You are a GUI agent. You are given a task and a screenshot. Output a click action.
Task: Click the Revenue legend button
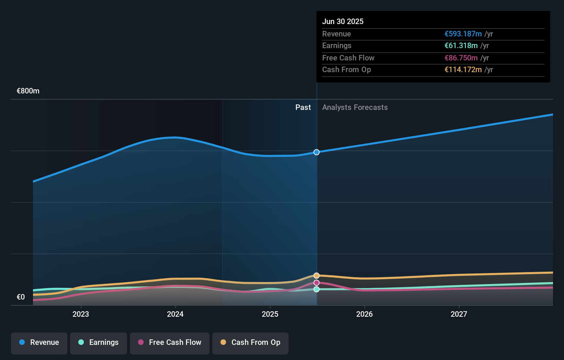[39, 342]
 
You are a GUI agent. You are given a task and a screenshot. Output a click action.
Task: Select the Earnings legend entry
[99, 342]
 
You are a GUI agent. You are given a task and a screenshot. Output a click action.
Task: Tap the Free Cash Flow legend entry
[170, 342]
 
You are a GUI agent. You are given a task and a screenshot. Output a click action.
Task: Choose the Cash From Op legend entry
[250, 342]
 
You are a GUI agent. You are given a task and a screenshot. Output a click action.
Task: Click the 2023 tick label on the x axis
[81, 314]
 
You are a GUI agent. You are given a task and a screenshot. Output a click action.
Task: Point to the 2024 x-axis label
[175, 314]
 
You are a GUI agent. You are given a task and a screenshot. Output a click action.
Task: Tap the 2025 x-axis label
[270, 314]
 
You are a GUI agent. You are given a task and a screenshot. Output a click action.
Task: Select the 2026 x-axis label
[364, 314]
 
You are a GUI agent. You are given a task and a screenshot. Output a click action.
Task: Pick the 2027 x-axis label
[459, 314]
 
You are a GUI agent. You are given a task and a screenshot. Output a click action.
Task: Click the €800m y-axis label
[28, 91]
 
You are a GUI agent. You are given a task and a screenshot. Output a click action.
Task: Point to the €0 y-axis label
[21, 297]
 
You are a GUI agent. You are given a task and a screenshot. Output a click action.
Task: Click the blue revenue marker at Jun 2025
[316, 152]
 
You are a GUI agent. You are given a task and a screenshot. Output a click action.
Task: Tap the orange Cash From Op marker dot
[316, 275]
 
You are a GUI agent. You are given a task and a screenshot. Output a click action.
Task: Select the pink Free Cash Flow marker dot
[316, 283]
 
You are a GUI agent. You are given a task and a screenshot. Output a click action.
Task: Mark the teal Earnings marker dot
[316, 289]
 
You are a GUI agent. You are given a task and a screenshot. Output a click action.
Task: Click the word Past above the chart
[303, 108]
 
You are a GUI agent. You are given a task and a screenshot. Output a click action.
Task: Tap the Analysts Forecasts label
[355, 108]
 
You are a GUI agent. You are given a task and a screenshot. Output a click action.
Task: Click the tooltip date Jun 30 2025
[343, 21]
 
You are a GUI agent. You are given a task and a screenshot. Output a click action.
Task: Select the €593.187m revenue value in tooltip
[463, 34]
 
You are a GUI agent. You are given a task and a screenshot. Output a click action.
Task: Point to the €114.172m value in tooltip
[463, 70]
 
